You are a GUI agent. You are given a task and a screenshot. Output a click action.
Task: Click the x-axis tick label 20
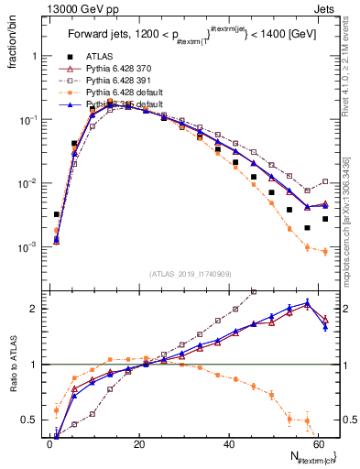pyautogui.click(x=139, y=444)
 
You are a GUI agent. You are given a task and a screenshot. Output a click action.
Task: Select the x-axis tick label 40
pyautogui.click(x=229, y=444)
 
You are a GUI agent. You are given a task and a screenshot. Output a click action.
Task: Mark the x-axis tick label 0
pyautogui.click(x=50, y=444)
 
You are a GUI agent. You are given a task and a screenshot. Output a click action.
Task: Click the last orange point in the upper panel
pyautogui.click(x=325, y=251)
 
